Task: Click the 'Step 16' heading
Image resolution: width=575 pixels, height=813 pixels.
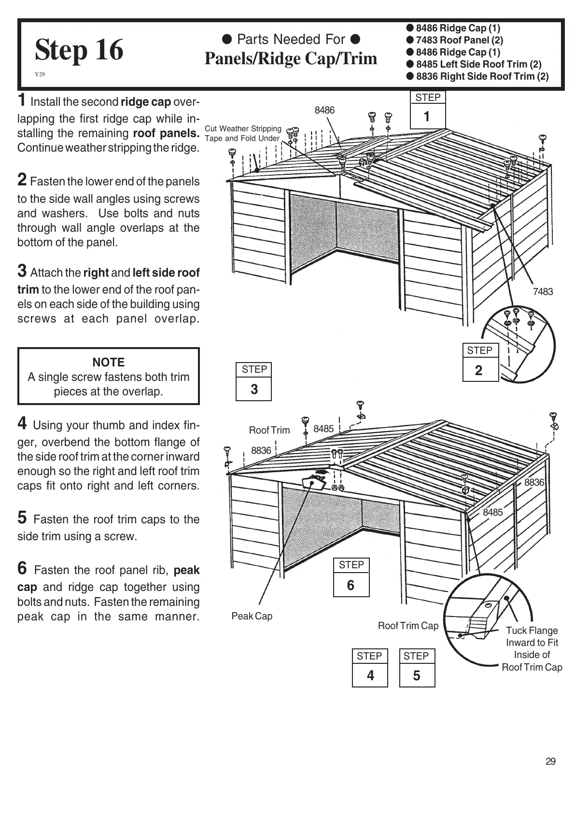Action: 79,50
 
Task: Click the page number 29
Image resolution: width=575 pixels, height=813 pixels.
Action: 550,761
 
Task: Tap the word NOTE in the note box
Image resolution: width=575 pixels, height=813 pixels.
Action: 109,363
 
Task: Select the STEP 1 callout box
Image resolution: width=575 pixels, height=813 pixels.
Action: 427,110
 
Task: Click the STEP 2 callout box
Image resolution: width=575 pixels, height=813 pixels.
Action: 479,363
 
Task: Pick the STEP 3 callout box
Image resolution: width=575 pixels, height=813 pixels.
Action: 254,381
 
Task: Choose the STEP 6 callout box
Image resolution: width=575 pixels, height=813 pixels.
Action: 351,577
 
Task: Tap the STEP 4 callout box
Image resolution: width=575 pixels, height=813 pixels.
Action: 370,668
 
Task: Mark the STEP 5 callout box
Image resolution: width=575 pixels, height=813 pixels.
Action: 417,668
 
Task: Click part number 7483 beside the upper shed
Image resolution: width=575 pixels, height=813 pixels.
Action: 543,292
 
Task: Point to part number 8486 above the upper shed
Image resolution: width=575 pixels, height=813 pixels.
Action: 324,110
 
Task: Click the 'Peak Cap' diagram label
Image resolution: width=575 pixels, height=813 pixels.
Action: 252,616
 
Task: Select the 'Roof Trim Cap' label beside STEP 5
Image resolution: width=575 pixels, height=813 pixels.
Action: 408,626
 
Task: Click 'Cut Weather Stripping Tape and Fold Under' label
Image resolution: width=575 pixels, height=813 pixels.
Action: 243,133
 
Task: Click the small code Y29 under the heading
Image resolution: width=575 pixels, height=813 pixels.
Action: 40,74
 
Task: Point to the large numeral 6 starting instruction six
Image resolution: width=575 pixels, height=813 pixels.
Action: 22,568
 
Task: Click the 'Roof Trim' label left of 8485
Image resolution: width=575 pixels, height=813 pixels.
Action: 269,430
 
